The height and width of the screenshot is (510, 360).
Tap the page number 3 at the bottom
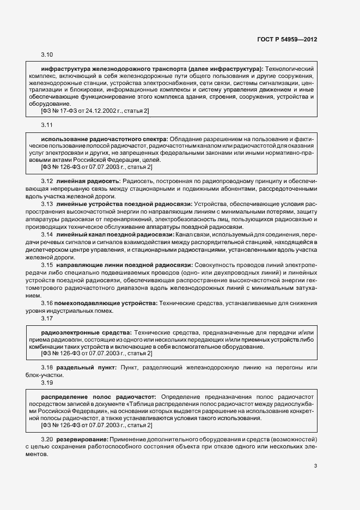[315, 465]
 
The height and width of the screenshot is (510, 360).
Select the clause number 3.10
[47, 55]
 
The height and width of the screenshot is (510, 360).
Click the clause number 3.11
[47, 126]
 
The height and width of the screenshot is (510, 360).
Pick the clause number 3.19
[47, 382]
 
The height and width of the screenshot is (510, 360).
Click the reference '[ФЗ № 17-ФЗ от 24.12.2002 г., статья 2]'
[95, 111]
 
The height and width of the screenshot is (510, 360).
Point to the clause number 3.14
[47, 234]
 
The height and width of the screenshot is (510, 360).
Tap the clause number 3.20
[47, 439]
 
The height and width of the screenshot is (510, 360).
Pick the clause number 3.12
[47, 180]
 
